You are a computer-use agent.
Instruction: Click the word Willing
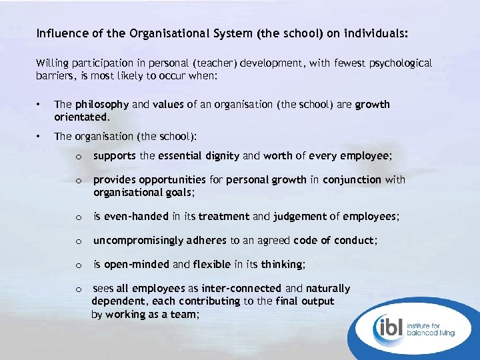[52, 63]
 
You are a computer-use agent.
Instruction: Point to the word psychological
[397, 63]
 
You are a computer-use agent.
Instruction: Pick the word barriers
[53, 76]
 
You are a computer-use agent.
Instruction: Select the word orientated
[82, 117]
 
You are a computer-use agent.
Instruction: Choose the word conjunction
[354, 180]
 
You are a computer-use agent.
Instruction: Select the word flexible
[212, 264]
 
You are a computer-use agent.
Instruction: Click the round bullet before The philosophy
[41, 105]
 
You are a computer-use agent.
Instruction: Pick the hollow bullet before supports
[79, 157]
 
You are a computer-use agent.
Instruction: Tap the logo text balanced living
[437, 333]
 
